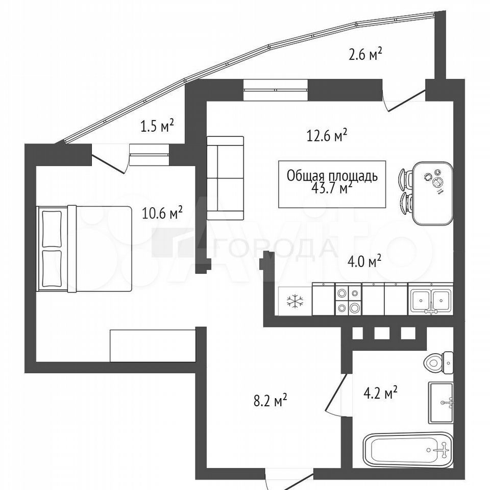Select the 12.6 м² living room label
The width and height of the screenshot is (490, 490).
(327, 136)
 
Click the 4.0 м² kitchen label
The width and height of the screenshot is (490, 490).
(364, 262)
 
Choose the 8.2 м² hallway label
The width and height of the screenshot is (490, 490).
(271, 400)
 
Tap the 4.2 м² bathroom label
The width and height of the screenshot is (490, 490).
(380, 393)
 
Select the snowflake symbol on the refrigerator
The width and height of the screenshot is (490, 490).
(295, 301)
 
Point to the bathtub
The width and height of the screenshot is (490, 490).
(408, 450)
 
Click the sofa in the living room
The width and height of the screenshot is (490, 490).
(225, 178)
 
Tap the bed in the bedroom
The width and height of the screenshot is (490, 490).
(84, 249)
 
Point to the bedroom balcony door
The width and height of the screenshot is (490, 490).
(109, 159)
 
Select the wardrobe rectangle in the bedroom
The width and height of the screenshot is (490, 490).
(153, 346)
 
